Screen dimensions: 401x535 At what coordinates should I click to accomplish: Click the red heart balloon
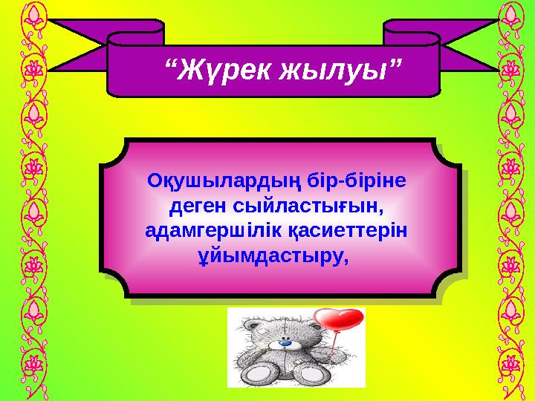(340, 319)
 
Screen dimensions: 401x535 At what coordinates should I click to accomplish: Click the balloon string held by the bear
(332, 349)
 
